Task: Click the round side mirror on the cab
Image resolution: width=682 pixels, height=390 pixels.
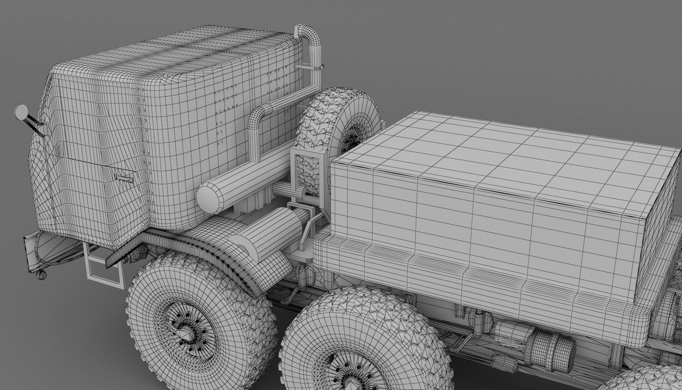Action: pos(21,112)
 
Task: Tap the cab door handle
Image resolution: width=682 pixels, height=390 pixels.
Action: pos(124,178)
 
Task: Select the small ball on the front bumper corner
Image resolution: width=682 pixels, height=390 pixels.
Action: pos(41,275)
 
